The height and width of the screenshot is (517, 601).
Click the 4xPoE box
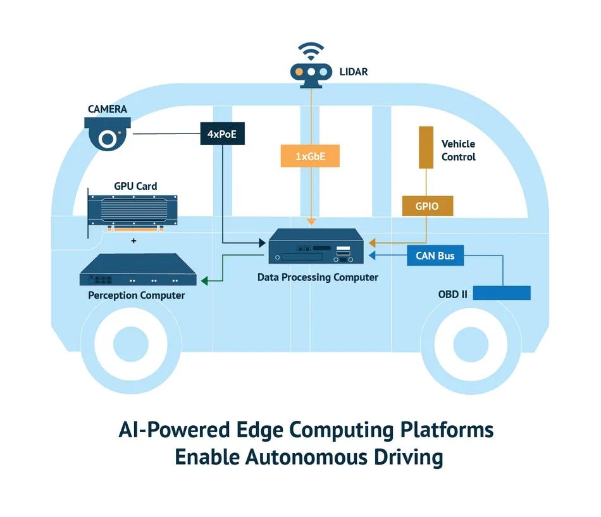coord(222,134)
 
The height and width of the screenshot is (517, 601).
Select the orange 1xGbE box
coord(310,156)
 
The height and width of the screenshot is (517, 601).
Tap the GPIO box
coord(428,206)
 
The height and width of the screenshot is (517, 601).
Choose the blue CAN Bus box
coord(435,256)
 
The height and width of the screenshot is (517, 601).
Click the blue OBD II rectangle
coord(502,293)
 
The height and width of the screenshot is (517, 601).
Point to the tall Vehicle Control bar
coord(426,147)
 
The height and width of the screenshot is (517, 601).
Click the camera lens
coord(108,139)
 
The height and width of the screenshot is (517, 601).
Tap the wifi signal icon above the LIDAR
coord(311,51)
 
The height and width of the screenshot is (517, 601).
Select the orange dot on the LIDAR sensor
coord(299,72)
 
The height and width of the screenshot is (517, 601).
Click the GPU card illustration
coord(133,213)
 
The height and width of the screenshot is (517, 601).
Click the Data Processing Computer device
coord(316,246)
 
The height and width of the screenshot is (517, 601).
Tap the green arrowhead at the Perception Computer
coord(205,281)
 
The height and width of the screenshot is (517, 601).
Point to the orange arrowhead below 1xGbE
coord(311,221)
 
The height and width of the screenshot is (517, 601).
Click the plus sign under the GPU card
coord(133,241)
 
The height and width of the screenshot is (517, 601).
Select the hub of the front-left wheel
coord(131,344)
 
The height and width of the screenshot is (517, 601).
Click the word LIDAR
coord(354,72)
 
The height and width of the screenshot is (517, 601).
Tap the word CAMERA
coord(108,109)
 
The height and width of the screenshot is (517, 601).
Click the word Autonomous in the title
coord(306,457)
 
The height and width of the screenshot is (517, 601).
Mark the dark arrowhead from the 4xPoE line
coord(262,243)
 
